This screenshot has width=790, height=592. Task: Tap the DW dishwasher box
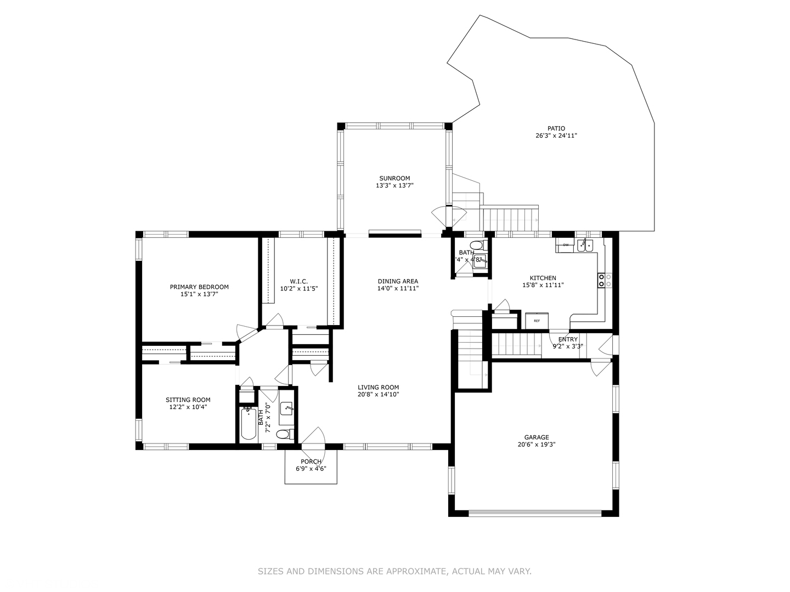tap(565, 245)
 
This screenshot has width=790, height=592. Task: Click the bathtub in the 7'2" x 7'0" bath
tap(249, 423)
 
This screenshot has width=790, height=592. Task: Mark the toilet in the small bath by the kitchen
tap(476, 245)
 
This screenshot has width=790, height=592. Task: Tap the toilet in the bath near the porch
tap(283, 435)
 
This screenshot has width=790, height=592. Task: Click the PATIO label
tap(556, 128)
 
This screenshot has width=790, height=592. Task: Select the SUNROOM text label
tap(394, 178)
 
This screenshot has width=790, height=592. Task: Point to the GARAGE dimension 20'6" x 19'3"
tap(536, 445)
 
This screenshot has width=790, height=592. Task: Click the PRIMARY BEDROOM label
tap(199, 287)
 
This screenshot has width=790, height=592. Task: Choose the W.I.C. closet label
tap(298, 281)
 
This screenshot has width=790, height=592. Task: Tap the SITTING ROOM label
tap(188, 400)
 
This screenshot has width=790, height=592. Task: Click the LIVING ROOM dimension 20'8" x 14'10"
tap(378, 394)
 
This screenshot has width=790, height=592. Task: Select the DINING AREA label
tap(398, 281)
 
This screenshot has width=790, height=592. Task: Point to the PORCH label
tap(311, 462)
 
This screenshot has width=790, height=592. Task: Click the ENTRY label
tap(568, 339)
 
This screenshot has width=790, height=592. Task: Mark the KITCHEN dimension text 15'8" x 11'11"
tap(543, 285)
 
